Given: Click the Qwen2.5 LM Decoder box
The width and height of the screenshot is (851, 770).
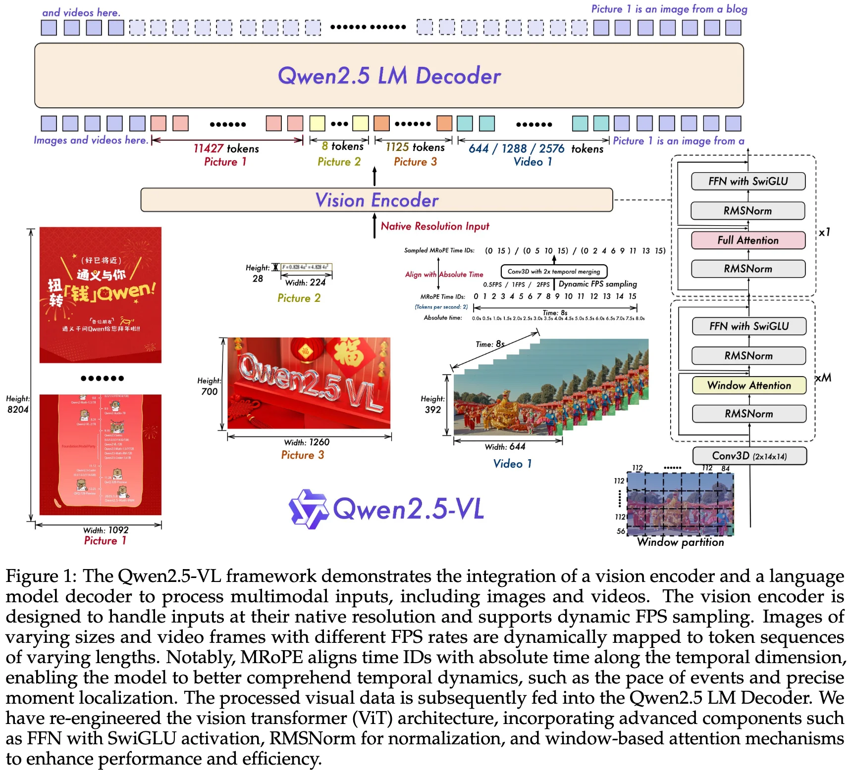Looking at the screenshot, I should click(389, 76).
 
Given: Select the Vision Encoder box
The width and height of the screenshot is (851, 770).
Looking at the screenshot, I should click(376, 200).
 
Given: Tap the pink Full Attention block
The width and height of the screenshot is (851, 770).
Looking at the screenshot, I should click(748, 241).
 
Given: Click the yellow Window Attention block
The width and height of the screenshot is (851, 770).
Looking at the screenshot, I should click(749, 385).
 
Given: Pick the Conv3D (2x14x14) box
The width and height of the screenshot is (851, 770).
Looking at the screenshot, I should click(749, 456).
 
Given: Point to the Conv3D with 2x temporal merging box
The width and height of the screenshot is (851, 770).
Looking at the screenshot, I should click(554, 271).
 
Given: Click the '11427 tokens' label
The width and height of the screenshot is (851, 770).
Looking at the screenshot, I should click(226, 148).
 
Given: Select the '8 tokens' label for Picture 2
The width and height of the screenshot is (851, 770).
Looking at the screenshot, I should click(342, 146).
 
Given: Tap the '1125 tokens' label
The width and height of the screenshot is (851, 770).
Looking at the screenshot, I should click(415, 147).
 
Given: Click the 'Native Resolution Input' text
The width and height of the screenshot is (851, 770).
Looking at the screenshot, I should click(435, 226).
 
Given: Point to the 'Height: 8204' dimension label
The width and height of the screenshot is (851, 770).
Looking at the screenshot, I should click(18, 404).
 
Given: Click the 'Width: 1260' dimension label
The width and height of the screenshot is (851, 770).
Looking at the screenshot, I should click(307, 442).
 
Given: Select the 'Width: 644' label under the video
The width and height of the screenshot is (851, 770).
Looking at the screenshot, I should click(505, 447).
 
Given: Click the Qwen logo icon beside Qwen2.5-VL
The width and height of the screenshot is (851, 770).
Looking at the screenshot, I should click(309, 509).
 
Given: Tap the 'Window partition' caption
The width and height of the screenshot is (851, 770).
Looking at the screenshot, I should click(680, 542).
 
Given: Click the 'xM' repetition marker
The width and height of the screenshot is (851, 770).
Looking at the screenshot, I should click(823, 378).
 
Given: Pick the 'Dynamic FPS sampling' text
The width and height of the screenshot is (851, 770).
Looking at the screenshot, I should click(597, 284).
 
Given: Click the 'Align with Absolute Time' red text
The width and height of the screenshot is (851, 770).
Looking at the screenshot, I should click(444, 275).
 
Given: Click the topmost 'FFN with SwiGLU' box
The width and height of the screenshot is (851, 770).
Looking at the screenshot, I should click(748, 181).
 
